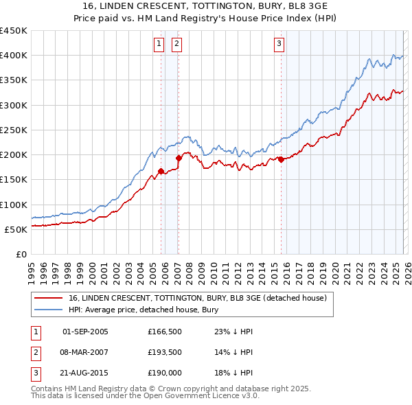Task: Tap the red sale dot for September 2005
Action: (x=161, y=172)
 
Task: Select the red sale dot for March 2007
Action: (x=179, y=158)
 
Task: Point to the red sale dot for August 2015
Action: (x=282, y=159)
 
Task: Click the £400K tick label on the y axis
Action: (x=14, y=56)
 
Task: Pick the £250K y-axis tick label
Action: (x=14, y=130)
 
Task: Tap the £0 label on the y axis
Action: (x=21, y=254)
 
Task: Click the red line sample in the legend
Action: (x=48, y=298)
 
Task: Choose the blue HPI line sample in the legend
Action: (x=48, y=310)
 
